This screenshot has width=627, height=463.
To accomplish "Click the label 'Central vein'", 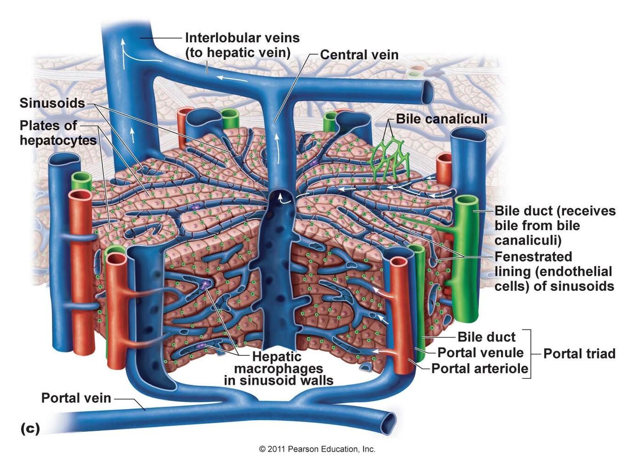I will (359, 55).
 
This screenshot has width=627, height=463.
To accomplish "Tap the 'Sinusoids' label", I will (52, 103).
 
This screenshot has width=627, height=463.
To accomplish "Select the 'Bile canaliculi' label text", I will (441, 119).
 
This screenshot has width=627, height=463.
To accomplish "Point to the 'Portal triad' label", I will (579, 353).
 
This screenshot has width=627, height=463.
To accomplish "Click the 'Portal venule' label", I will (480, 352).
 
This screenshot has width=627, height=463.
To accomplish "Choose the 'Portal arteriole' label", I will (479, 368).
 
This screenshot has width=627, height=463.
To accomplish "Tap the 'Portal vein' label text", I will (76, 398).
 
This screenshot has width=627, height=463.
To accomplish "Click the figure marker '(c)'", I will (30, 429).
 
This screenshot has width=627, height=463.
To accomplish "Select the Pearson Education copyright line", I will (317, 449).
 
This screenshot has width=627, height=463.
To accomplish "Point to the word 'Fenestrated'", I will (533, 256).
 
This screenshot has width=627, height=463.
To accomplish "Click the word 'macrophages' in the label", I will (279, 368).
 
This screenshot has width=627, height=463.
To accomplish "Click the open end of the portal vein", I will (388, 423).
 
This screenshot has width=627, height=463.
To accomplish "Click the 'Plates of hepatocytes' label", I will (58, 133).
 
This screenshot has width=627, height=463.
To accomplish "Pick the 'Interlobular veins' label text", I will (242, 38).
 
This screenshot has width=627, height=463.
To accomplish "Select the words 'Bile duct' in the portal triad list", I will (486, 337).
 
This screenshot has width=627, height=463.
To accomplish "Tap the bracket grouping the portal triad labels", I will (530, 354).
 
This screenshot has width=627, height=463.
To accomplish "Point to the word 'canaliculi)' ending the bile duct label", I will (527, 240).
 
